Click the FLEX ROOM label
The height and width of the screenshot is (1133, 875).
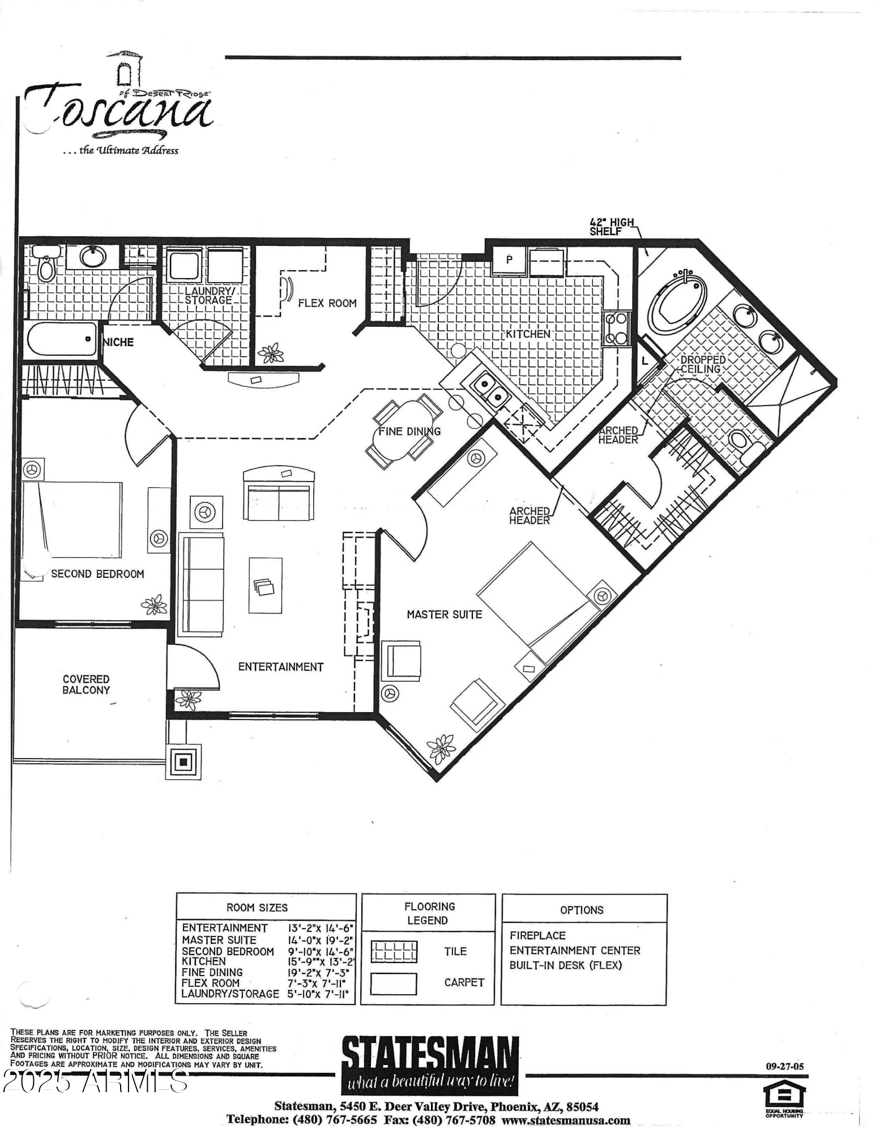point(327,303)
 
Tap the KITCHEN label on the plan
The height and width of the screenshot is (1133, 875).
point(528,334)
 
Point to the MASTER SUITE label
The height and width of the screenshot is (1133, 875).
point(444,614)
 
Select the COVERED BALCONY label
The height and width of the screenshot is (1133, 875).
point(86,684)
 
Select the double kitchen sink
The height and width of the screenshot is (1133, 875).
point(489,389)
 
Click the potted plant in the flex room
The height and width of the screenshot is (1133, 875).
point(271,353)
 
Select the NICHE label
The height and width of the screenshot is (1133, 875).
point(119,342)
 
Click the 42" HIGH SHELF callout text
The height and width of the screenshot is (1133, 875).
point(612,227)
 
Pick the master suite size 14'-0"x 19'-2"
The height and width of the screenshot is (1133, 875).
point(321,940)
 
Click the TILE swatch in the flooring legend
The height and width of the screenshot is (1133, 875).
point(394,951)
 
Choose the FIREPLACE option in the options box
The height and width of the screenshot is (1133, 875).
point(537,935)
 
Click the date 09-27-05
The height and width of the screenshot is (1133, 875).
point(784,1066)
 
